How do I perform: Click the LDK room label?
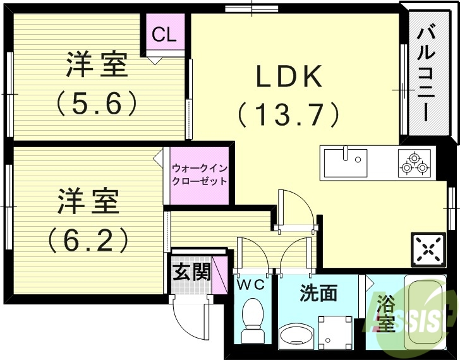pyautogui.click(x=289, y=76)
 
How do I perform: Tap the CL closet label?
pyautogui.click(x=164, y=35)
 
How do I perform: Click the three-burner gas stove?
pyautogui.click(x=414, y=162)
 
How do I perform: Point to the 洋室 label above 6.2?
pyautogui.click(x=88, y=201)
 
